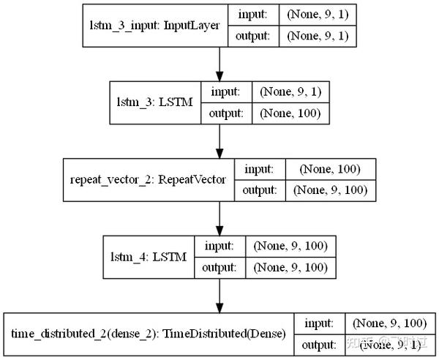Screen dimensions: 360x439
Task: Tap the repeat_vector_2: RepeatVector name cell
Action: (149, 179)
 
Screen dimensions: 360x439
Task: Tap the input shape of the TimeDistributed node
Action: (387, 323)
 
